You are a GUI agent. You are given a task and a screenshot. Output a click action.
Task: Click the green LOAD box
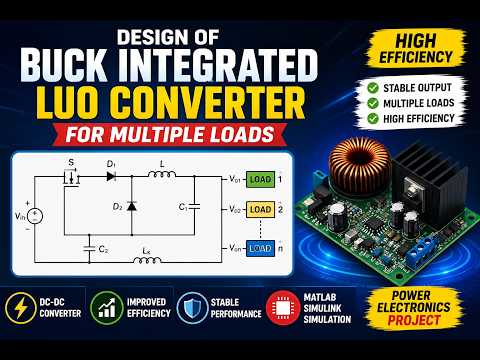pyautogui.click(x=260, y=179)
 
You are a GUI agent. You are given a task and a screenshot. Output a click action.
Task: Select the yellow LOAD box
pyautogui.click(x=260, y=209)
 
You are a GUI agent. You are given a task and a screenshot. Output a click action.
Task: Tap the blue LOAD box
pyautogui.click(x=260, y=248)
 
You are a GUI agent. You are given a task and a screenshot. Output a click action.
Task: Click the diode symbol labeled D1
pyautogui.click(x=111, y=176)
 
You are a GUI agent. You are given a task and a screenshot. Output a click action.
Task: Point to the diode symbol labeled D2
pyautogui.click(x=132, y=206)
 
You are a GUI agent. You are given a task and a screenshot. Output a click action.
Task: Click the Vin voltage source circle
pyautogui.click(x=35, y=216)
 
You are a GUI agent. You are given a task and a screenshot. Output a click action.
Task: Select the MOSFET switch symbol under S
pyautogui.click(x=71, y=179)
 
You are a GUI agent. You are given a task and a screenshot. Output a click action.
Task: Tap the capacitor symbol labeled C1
pyautogui.click(x=195, y=207)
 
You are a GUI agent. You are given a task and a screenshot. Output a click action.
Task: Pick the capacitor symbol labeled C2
pyautogui.click(x=89, y=249)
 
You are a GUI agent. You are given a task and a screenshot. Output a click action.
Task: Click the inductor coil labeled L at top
pyautogui.click(x=162, y=174)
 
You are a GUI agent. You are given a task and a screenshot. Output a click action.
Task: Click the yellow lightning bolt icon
pyautogui.click(x=20, y=308)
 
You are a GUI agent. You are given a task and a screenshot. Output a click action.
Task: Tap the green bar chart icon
pyautogui.click(x=107, y=308)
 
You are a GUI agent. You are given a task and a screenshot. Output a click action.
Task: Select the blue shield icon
pyautogui.click(x=192, y=308)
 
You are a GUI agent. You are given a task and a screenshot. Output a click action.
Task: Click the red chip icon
pyautogui.click(x=283, y=308)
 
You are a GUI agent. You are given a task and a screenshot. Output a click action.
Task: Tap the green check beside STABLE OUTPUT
pyautogui.click(x=373, y=88)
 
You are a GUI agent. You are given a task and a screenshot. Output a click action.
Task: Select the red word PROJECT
pyautogui.click(x=414, y=320)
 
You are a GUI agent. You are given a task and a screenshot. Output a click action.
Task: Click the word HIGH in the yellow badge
pyautogui.click(x=416, y=41)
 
